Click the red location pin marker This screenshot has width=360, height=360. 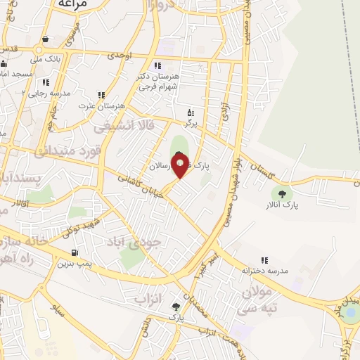coord(180,167)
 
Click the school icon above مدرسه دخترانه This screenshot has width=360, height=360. coord(264,260)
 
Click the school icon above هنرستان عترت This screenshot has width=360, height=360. coord(101,95)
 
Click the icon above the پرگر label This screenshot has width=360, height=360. coord(189,112)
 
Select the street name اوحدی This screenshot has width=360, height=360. coord(120,55)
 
